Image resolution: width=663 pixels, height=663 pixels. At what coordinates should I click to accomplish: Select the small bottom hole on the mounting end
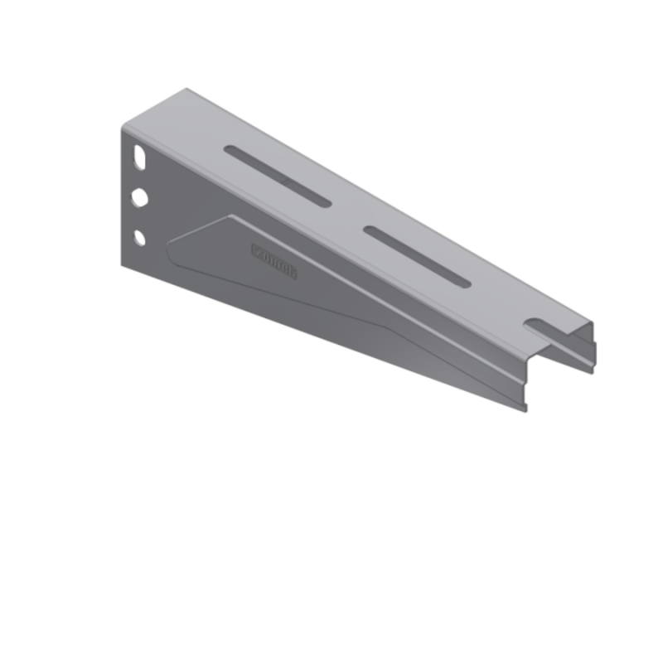pyautogui.click(x=139, y=238)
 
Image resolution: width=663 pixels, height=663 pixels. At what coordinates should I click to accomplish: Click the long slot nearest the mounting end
pyautogui.click(x=278, y=176)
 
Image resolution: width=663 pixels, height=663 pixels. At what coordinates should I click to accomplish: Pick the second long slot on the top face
pyautogui.click(x=417, y=257)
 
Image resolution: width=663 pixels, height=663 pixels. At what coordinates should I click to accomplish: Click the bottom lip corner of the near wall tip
pyautogui.click(x=525, y=408)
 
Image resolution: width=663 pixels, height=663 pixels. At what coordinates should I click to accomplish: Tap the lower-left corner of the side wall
pyautogui.click(x=123, y=264)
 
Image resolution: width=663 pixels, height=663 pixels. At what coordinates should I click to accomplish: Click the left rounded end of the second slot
pyautogui.click(x=369, y=230)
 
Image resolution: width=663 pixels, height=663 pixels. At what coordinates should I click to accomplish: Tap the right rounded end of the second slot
pyautogui.click(x=465, y=283)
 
